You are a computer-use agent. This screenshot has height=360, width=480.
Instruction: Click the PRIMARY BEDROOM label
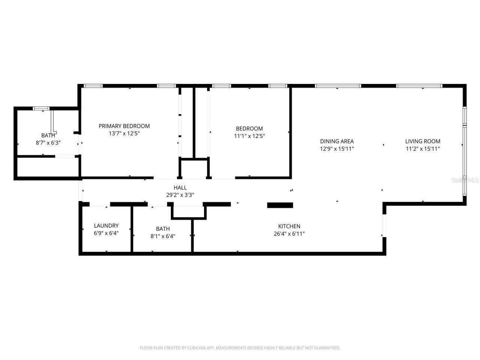tap(124, 126)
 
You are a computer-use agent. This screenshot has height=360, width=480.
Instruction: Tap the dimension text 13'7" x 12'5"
tap(124, 133)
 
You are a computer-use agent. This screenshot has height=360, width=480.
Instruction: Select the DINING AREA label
tap(337, 141)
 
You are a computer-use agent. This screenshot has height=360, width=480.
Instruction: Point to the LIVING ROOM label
tap(423, 141)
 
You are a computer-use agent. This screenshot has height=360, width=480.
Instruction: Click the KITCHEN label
tap(289, 226)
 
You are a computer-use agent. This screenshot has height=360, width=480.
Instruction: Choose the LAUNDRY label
tap(106, 226)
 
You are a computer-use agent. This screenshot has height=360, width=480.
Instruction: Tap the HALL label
tap(180, 187)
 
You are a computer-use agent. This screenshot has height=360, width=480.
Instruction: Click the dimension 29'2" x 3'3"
tap(180, 195)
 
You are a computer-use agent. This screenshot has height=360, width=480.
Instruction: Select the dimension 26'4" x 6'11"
tap(289, 234)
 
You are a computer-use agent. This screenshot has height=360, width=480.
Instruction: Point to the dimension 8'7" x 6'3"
tap(48, 143)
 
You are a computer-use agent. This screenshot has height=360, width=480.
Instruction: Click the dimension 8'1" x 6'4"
tap(163, 236)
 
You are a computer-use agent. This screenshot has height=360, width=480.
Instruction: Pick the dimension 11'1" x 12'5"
tap(249, 136)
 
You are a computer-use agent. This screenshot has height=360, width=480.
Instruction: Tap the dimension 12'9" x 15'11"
tap(337, 149)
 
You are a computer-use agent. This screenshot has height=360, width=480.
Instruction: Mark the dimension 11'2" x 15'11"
tap(423, 149)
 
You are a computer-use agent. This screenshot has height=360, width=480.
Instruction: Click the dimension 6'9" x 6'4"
tap(106, 233)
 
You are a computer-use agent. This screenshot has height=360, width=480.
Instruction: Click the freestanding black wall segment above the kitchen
tap(280, 205)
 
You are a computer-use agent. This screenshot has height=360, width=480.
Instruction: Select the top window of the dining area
tap(338, 86)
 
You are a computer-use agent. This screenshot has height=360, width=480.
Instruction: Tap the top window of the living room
tap(419, 86)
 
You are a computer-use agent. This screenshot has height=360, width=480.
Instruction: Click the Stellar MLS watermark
tap(465, 180)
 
